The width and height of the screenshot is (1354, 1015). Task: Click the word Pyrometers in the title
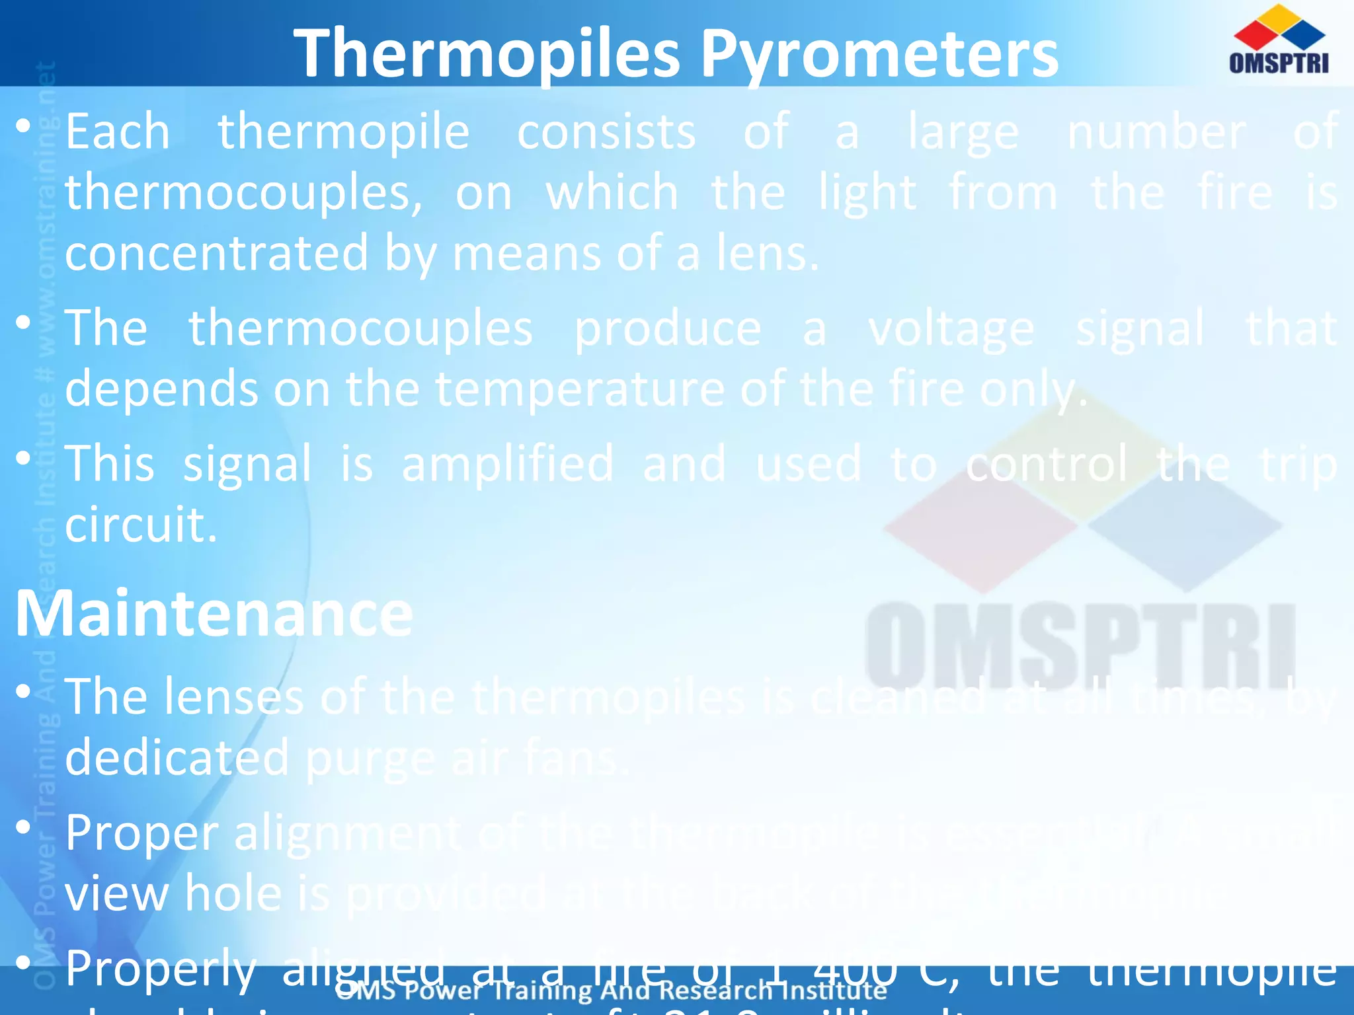879,54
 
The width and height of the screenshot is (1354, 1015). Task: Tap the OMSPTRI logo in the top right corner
1279,40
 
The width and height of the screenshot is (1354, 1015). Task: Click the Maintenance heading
214,615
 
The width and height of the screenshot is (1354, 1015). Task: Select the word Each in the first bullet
118,132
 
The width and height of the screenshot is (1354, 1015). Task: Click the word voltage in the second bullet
951,329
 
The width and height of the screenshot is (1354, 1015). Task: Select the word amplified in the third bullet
508,464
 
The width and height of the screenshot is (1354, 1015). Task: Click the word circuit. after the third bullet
141,525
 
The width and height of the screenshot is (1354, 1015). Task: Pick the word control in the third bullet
1047,464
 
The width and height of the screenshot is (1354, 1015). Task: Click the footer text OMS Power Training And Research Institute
612,991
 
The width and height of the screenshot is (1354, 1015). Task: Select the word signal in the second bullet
1139,329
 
